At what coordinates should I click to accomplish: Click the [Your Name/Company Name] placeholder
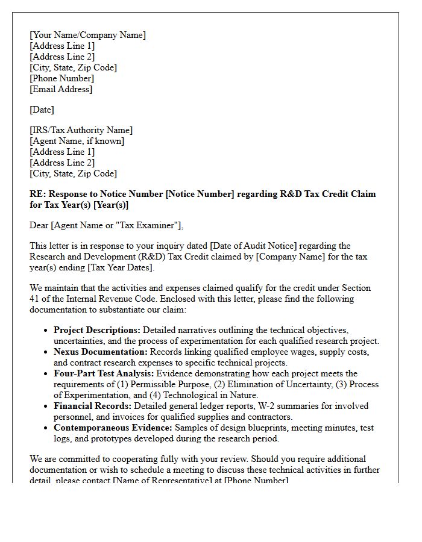87,35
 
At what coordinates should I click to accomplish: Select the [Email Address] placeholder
61,89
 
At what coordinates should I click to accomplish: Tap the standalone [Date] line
42,110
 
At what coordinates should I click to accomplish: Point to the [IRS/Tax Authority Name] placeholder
81,130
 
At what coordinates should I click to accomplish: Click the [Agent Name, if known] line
77,141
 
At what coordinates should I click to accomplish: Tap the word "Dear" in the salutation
39,225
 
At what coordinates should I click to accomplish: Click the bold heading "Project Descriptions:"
97,330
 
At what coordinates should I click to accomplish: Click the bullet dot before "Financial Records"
46,406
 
